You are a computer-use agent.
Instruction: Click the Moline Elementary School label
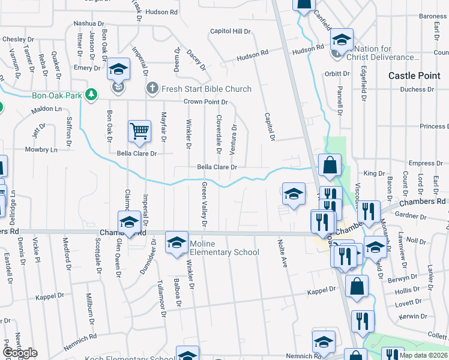coord(224,248)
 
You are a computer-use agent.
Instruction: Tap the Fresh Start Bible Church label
coord(206,89)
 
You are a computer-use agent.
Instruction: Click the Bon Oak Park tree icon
coord(91,94)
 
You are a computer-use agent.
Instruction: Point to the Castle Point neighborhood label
coord(414,76)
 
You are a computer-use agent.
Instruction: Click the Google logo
coord(19,353)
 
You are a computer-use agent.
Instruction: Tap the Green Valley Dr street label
coord(204,205)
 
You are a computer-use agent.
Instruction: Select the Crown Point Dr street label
coord(206,103)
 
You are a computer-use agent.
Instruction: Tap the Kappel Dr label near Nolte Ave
coord(321,290)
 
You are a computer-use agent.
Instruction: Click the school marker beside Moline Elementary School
coord(176,242)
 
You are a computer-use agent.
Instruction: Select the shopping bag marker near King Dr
coord(330,166)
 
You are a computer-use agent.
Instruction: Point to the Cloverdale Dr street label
coord(219,134)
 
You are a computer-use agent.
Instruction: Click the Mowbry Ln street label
coord(41,149)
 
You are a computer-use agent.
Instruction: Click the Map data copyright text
coord(423,356)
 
